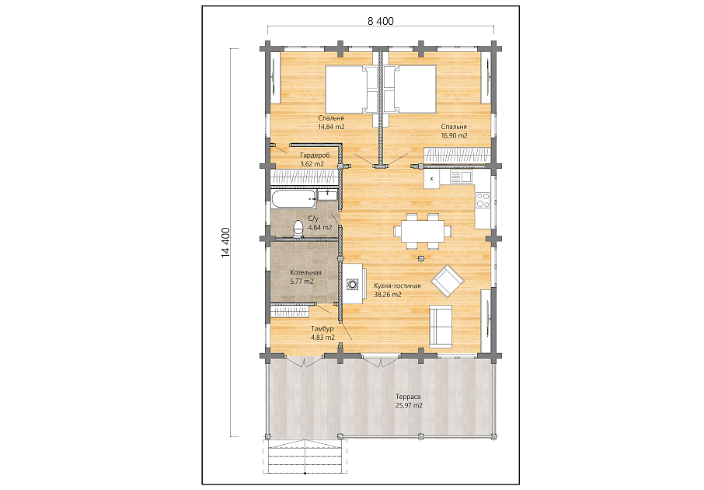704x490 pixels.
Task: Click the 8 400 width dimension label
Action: coord(380,21)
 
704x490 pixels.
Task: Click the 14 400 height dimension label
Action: coord(226,243)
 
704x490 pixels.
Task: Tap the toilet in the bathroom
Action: coord(298,229)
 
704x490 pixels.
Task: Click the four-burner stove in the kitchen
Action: coord(483,200)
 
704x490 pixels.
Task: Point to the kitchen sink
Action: coord(461,177)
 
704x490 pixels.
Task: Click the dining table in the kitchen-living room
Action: coord(423,231)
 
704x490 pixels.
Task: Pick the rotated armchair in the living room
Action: coord(447,281)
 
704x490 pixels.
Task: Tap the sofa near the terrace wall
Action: coord(441,327)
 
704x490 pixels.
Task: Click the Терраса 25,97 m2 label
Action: coord(409,401)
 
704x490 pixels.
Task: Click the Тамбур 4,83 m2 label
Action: coord(322,333)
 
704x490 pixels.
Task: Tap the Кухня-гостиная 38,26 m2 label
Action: coord(397,290)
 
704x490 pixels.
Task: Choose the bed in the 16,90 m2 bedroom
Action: coord(410,89)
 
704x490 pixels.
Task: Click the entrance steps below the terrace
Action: coord(305,456)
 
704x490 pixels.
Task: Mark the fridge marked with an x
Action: coord(432,179)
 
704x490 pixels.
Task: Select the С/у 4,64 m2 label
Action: coord(319,223)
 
